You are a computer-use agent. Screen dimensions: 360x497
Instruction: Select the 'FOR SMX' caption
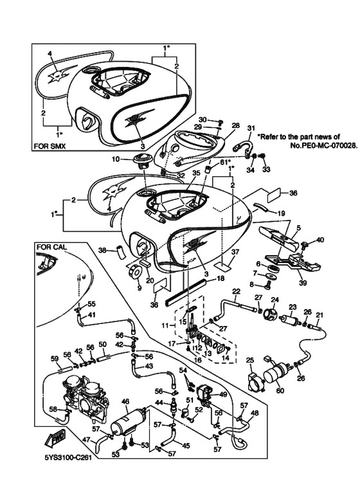coord(50,147)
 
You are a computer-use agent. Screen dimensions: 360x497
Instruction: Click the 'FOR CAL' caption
coord(52,248)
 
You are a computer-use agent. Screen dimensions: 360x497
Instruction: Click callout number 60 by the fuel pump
coord(280,391)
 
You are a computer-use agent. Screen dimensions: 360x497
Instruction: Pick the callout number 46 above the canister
coord(125,402)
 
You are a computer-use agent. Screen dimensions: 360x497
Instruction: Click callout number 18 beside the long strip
coord(221,278)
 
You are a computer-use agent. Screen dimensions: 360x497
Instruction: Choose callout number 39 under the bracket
coord(303,283)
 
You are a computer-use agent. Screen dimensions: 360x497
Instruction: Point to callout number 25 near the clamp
coord(250,361)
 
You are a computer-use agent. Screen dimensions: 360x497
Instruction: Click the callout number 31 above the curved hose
coord(251,128)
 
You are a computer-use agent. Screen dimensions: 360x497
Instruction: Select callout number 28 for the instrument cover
coord(235,125)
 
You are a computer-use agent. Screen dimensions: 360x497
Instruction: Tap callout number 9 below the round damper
coord(139,288)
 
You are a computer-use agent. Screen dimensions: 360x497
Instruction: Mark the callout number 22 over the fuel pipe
coord(236,291)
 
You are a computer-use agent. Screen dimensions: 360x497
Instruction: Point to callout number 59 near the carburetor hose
coord(55,359)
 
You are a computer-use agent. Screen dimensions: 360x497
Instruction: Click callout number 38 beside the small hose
coord(102,250)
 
